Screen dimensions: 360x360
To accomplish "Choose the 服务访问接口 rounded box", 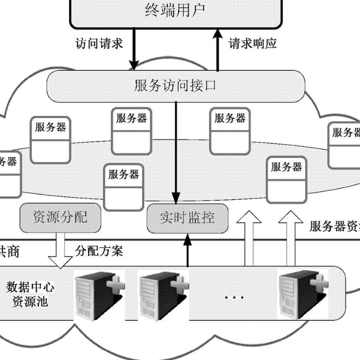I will [175, 86].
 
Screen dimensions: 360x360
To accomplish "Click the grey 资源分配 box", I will [61, 218].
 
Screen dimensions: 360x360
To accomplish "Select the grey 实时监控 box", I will [187, 219].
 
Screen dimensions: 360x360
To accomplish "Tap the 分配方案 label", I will [99, 251].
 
